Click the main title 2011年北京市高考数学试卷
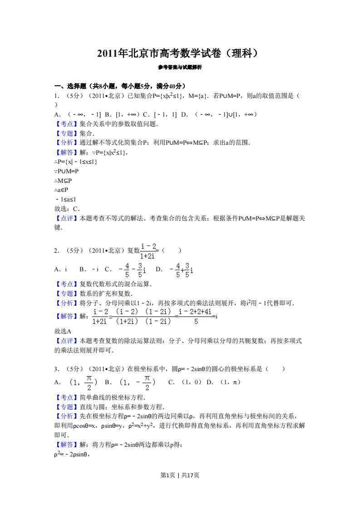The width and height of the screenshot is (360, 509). point(180,54)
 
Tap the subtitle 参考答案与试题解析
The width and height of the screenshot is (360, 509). point(180,67)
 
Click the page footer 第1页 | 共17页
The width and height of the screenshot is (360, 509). point(180,475)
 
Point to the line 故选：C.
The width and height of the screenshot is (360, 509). point(67,209)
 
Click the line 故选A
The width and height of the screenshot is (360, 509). point(63,331)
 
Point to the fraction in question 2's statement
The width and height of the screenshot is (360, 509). point(149,250)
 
